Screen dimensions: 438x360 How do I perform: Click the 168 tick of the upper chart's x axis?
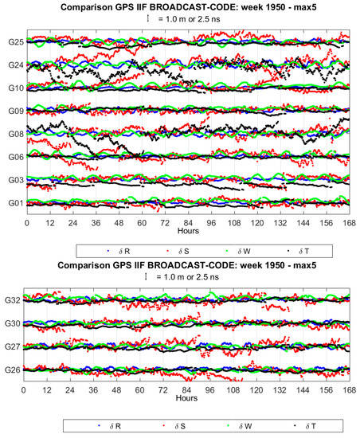pyautogui.click(x=344, y=223)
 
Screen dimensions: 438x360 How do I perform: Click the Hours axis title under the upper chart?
pyautogui.click(x=186, y=232)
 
